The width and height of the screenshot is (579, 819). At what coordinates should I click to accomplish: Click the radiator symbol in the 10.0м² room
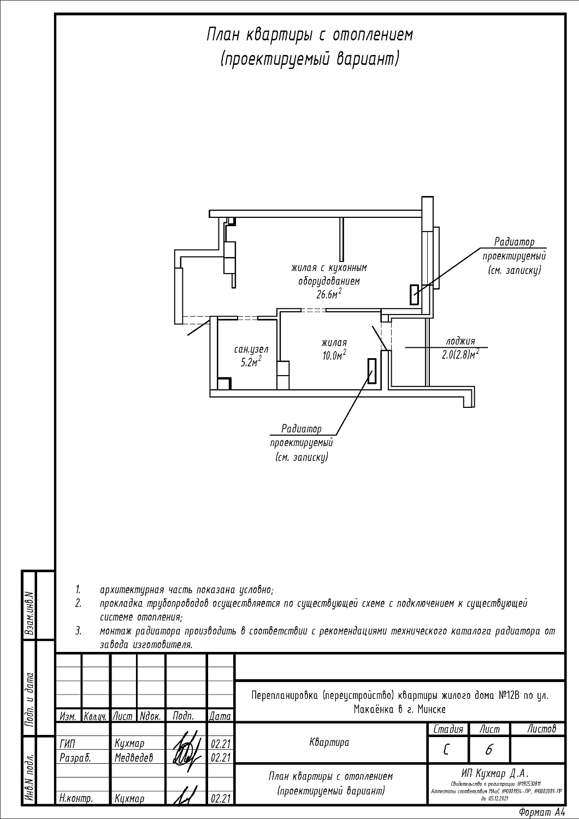372,371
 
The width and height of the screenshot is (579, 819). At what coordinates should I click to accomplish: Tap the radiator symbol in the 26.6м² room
415,295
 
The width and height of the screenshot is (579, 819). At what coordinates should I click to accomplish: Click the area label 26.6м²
329,295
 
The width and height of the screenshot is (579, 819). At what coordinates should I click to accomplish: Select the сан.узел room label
251,349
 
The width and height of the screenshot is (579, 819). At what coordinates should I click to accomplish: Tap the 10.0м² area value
334,355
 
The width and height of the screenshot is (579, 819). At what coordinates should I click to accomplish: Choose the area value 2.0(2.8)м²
460,354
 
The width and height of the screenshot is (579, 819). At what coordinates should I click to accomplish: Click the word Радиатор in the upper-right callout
514,242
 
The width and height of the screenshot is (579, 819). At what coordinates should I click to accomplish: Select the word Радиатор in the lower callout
302,429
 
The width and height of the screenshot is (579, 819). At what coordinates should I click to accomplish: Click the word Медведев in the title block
134,757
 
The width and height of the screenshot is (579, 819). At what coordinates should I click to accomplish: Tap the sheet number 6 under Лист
488,751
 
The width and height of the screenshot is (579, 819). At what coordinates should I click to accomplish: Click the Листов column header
542,729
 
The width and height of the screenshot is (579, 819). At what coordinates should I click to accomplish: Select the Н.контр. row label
76,799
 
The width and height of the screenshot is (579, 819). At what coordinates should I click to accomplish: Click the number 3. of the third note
79,631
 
